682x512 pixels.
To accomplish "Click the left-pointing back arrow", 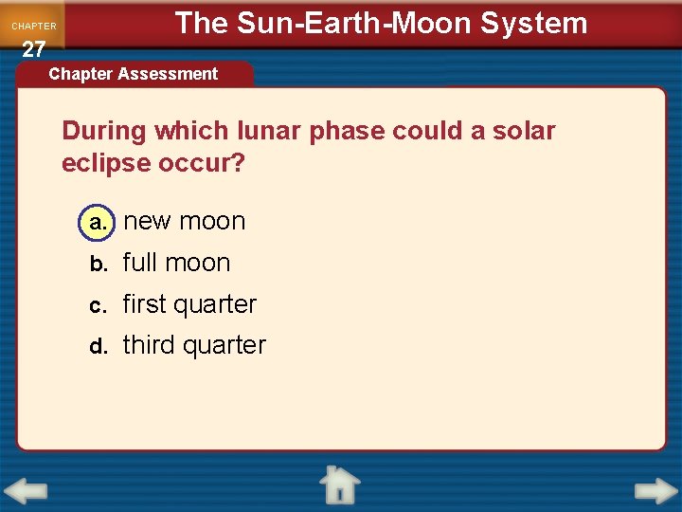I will click(x=25, y=492).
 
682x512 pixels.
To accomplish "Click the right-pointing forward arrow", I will click(x=655, y=491).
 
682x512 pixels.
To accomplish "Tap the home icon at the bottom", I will click(x=339, y=485).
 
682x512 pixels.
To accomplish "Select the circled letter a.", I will click(x=98, y=222).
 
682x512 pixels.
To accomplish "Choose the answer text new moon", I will click(x=185, y=222).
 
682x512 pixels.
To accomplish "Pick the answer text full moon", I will click(x=177, y=263).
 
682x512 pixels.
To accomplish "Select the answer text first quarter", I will click(x=189, y=304).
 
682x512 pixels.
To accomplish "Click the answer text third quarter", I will click(x=194, y=345).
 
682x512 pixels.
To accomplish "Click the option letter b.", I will click(x=99, y=264).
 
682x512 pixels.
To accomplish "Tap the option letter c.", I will click(x=99, y=305).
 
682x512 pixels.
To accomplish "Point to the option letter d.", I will click(x=99, y=346).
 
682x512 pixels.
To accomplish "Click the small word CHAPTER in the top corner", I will click(x=33, y=27).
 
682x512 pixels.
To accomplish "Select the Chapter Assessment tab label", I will click(x=133, y=74).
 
